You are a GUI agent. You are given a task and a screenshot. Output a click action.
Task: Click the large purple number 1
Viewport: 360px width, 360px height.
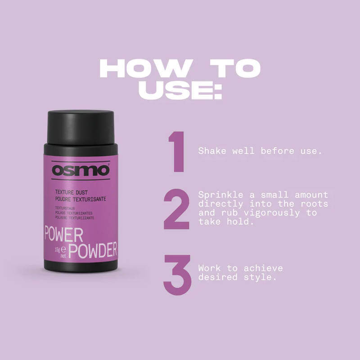tap(177, 152)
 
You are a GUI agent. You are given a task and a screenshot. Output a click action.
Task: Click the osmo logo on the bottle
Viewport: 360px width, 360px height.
tap(81, 171)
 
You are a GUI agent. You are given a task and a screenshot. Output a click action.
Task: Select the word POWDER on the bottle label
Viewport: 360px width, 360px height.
tap(93, 250)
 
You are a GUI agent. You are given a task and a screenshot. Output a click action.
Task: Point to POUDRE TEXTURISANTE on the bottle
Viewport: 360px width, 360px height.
tap(81, 198)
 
